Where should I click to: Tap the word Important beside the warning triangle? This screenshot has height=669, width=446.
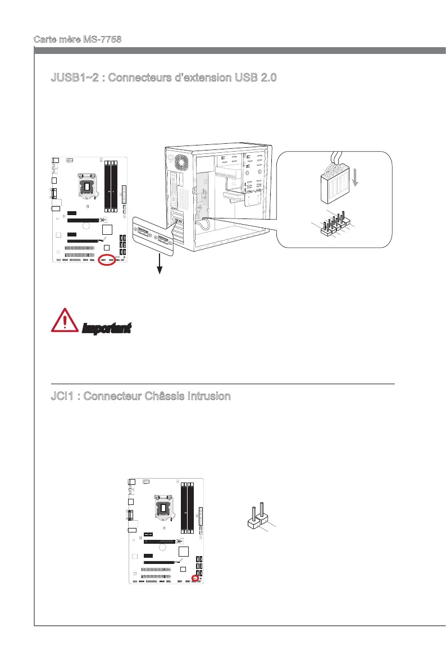tap(107, 327)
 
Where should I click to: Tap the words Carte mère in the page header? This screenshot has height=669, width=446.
tap(54, 40)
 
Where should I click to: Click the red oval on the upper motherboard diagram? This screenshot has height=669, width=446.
tap(106, 260)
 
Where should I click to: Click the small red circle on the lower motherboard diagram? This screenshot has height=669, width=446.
tap(195, 578)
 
